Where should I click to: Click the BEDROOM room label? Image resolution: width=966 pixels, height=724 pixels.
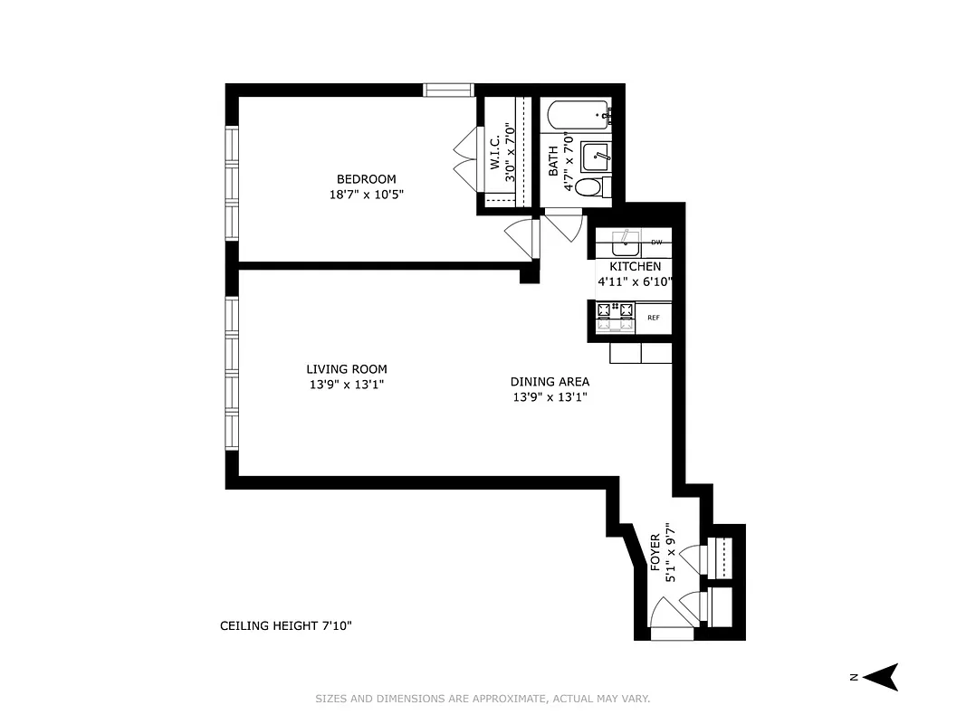366,179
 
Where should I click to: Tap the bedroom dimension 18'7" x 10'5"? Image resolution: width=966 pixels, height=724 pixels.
366,194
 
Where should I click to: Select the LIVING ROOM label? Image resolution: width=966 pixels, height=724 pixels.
346,369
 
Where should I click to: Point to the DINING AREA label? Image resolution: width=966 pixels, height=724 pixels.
550,382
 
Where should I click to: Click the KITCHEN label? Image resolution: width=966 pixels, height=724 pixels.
635,267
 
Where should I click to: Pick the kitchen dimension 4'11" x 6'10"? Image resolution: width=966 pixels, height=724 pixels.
635,282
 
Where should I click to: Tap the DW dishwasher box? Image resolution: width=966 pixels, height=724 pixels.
656,243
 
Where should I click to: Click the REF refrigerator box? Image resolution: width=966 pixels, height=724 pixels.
654,318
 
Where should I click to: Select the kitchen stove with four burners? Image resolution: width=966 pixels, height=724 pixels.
616,313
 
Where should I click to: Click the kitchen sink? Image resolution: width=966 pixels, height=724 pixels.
623,243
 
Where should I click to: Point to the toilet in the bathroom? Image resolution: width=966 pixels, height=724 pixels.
589,188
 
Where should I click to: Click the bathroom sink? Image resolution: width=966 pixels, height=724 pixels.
595,155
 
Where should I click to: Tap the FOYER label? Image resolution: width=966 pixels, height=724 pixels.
655,551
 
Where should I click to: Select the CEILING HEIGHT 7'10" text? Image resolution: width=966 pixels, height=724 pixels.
285,625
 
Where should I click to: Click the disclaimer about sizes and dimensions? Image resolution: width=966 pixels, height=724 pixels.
483,699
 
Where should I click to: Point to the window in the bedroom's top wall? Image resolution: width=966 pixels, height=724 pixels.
449,90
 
